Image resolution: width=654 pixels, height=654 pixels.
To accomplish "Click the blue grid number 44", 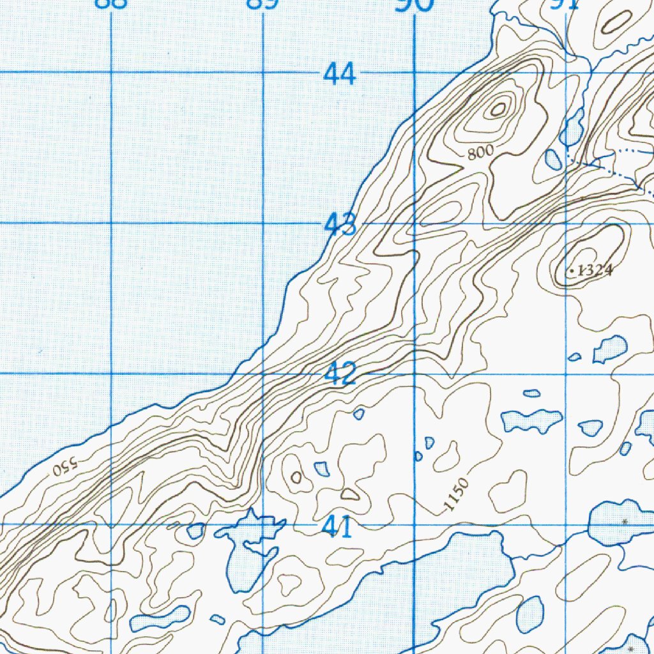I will tap(339, 75).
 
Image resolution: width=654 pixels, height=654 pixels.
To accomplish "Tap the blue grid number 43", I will tap(340, 225).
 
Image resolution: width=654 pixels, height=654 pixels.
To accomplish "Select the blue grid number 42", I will tap(339, 374).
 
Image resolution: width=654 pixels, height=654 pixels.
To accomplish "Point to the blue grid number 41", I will tap(337, 528).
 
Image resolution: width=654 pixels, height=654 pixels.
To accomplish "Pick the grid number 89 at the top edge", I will tap(263, 4).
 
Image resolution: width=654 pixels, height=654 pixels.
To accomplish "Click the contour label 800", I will tap(480, 152).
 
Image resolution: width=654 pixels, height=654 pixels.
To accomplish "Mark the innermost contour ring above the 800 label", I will tap(498, 109).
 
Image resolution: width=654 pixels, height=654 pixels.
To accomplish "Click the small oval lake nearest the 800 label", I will tap(553, 158).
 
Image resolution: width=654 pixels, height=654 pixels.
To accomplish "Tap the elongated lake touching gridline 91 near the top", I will tap(572, 128).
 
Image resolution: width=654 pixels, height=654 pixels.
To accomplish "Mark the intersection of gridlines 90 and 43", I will tap(414, 224).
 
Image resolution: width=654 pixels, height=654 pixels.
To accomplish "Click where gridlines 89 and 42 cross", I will tap(263, 374).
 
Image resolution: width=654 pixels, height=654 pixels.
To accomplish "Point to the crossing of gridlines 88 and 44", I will tap(112, 72).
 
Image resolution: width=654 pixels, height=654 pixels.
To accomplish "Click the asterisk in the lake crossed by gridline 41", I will tap(625, 522).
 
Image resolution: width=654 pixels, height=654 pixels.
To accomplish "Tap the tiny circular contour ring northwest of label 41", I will tap(296, 477).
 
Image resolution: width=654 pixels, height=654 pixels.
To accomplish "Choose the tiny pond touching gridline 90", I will tap(418, 456).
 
